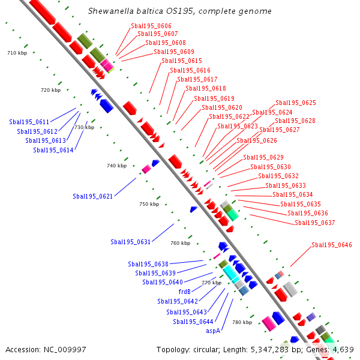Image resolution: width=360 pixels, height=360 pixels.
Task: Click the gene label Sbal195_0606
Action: pyautogui.click(x=151, y=26)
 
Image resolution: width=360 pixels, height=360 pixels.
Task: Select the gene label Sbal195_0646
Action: pyautogui.click(x=331, y=245)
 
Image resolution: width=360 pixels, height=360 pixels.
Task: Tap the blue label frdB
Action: pyautogui.click(x=185, y=292)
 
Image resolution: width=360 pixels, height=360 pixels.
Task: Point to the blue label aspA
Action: pyautogui.click(x=213, y=331)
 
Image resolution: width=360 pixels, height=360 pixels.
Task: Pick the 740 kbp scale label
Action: pyautogui.click(x=116, y=166)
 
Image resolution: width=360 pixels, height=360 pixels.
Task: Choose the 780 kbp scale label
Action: pyautogui.click(x=242, y=322)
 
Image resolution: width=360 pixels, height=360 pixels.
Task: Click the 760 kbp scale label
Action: pyautogui.click(x=180, y=243)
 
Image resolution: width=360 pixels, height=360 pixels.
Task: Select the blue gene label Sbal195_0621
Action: pyautogui.click(x=93, y=196)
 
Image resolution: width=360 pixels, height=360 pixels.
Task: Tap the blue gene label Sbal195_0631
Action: pyautogui.click(x=130, y=242)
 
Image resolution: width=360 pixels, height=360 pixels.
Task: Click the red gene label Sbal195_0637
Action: pyautogui.click(x=314, y=223)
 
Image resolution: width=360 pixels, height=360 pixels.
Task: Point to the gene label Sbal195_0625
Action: pyautogui.click(x=295, y=103)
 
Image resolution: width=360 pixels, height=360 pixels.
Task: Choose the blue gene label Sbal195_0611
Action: pyautogui.click(x=29, y=121)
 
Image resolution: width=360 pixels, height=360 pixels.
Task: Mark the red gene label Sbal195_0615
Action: pyautogui.click(x=182, y=61)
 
